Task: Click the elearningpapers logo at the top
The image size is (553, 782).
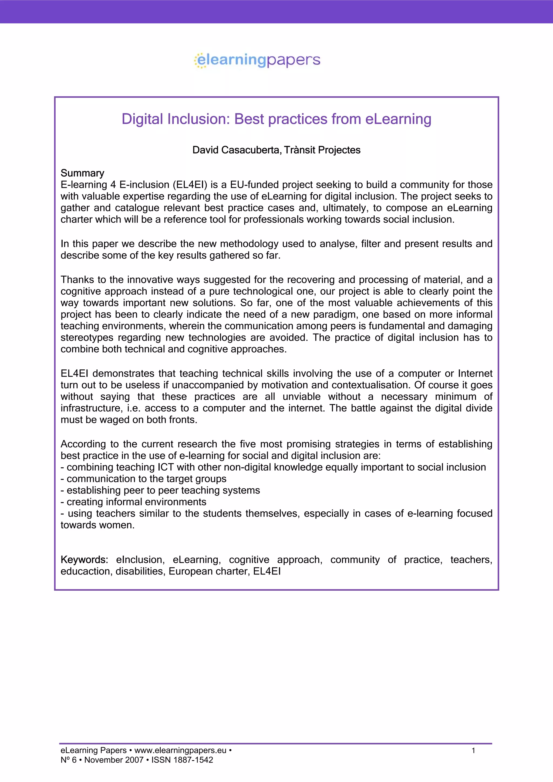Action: [x=258, y=60]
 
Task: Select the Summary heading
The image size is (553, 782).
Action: [x=82, y=173]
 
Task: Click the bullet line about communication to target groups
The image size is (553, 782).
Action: [x=143, y=479]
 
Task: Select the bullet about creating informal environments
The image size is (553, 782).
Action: [x=134, y=502]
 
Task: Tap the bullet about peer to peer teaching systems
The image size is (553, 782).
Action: [x=160, y=491]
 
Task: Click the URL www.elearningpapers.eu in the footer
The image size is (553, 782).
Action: [x=180, y=750]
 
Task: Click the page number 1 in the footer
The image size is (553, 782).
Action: [x=473, y=750]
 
